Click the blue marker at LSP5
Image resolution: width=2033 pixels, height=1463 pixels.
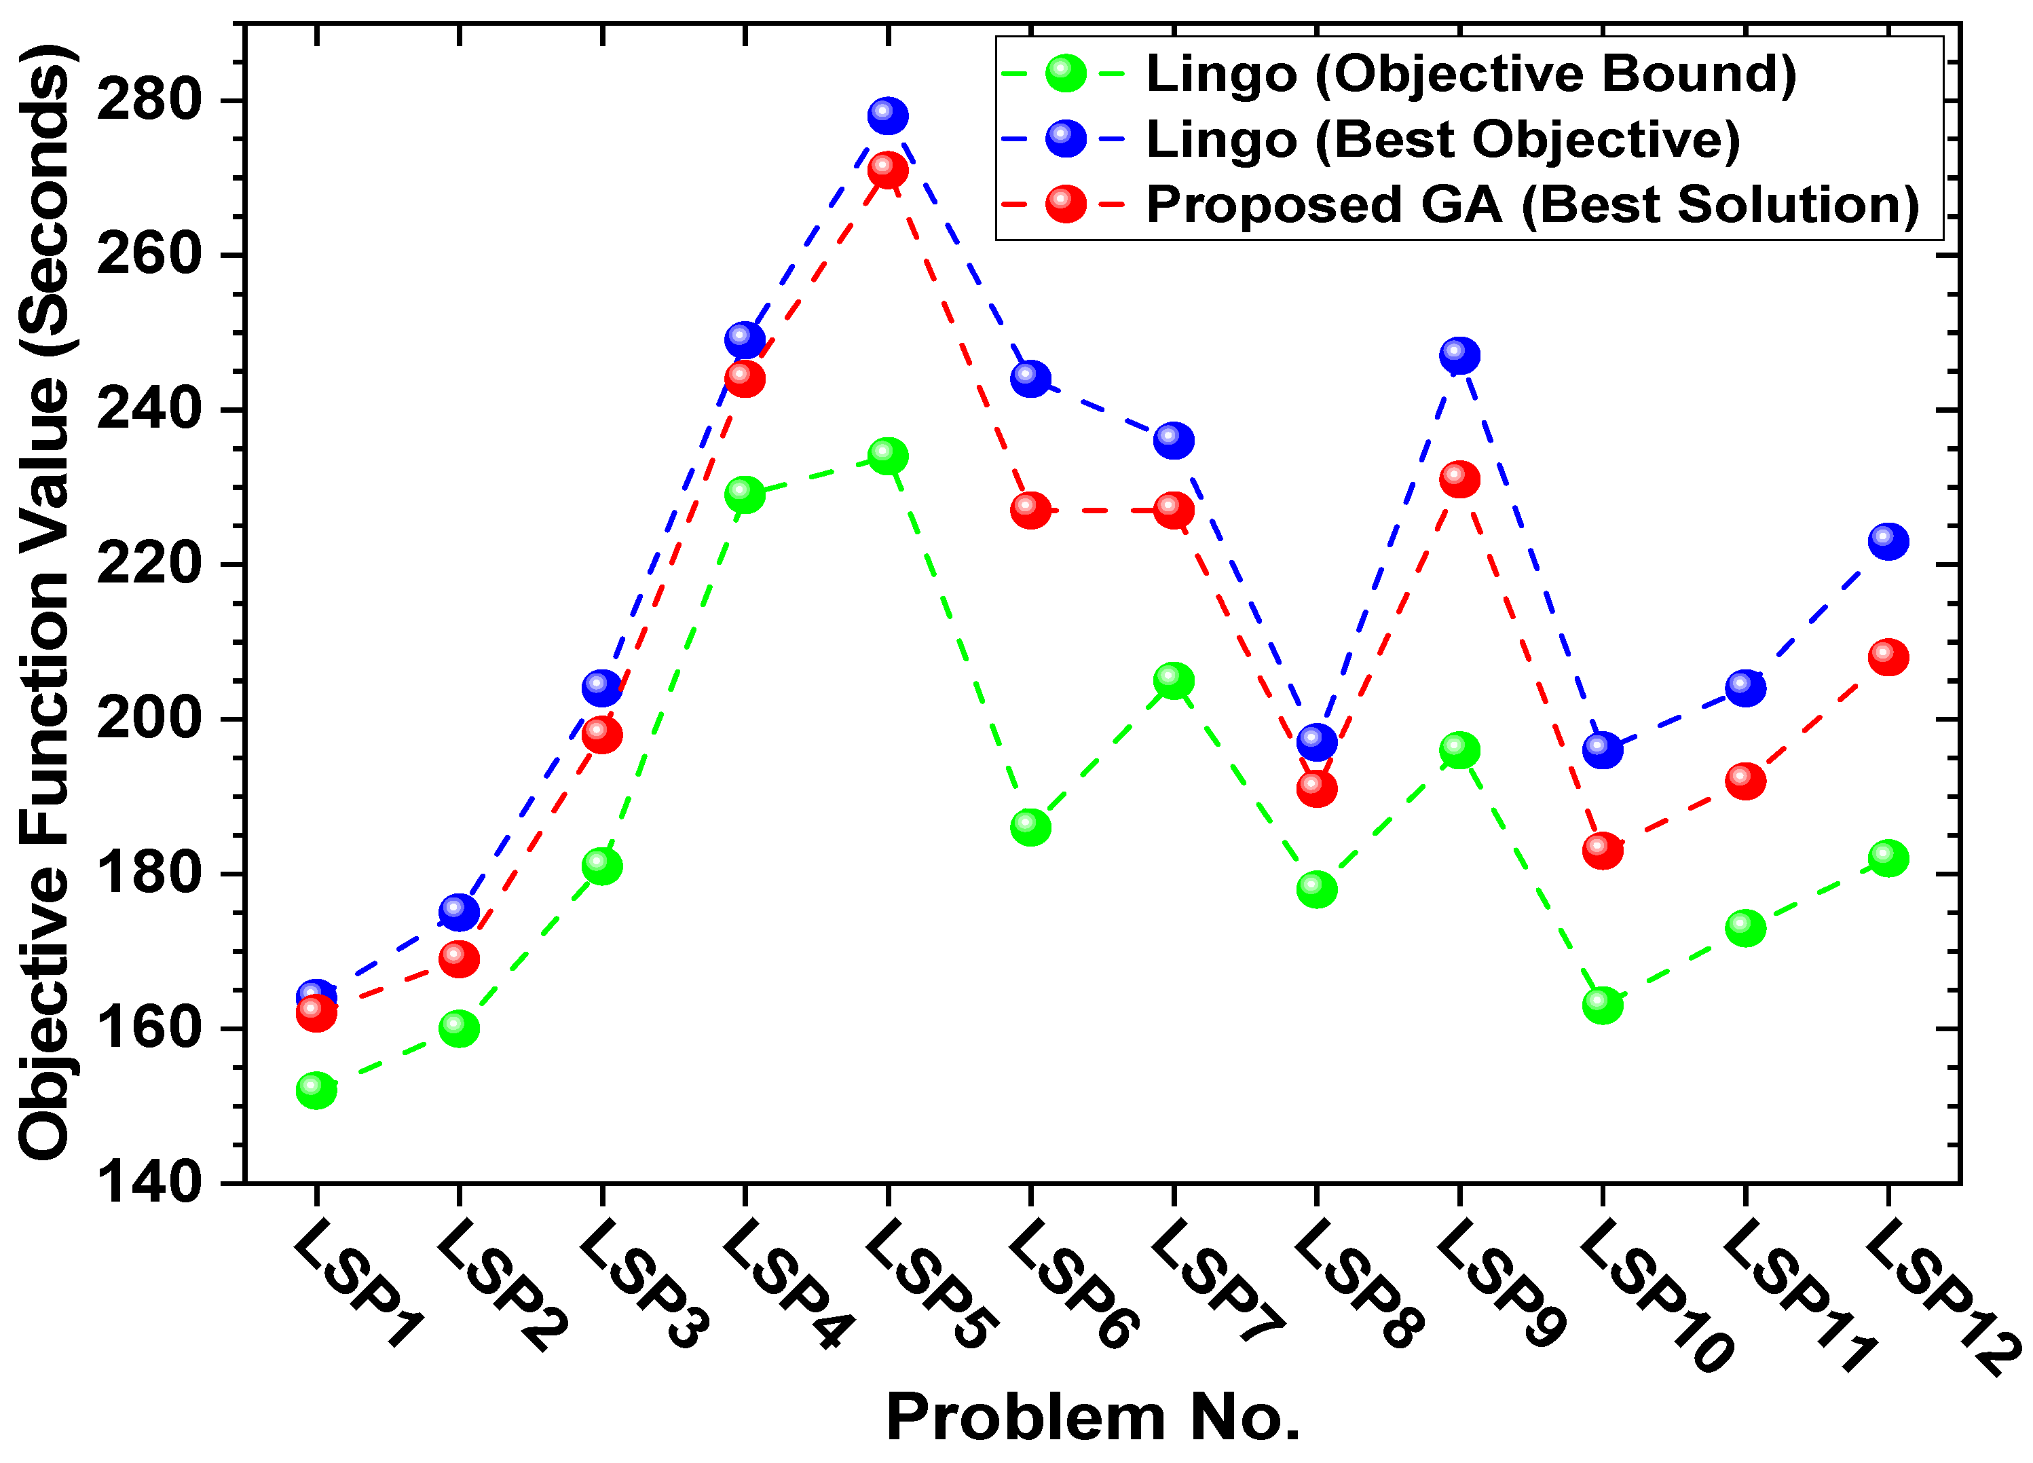coord(887,115)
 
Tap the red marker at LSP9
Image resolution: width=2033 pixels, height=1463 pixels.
coord(1459,479)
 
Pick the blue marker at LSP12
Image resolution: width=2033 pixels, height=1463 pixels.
coord(1888,542)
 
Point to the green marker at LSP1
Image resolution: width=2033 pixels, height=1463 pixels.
coord(316,1090)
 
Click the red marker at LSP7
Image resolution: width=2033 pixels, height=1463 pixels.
coord(1174,510)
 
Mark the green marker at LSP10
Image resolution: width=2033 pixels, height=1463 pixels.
coord(1603,1005)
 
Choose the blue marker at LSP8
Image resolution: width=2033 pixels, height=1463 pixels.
coord(1317,742)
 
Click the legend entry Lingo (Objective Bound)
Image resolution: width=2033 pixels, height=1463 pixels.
coord(1471,73)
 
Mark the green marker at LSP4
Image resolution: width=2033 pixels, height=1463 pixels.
coord(745,494)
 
